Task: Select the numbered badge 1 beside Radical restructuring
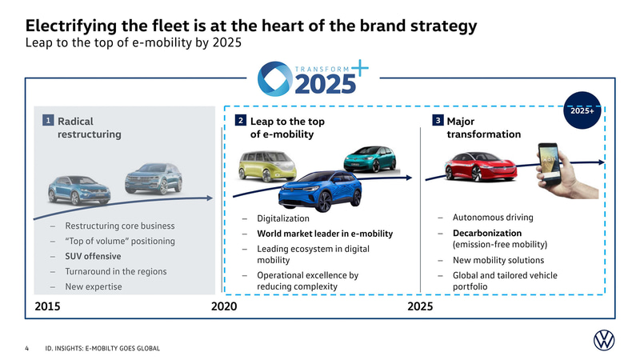(x=48, y=121)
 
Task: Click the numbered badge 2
(x=240, y=121)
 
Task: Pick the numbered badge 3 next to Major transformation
(x=437, y=121)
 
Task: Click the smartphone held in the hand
(x=550, y=164)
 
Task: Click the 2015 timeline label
(x=50, y=306)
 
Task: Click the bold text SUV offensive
(x=93, y=256)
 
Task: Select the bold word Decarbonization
(x=487, y=233)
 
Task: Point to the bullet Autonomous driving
(x=492, y=218)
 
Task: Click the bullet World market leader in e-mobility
(x=324, y=234)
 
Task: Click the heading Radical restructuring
(x=89, y=128)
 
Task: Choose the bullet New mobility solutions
(x=498, y=260)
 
